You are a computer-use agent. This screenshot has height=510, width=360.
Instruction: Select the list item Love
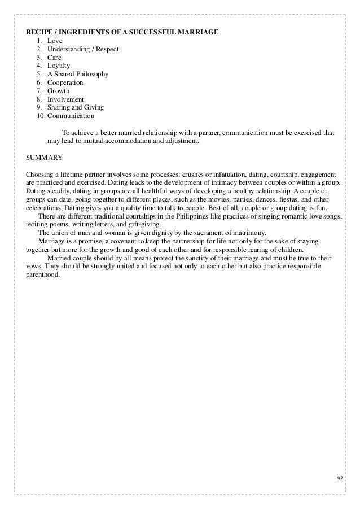coord(55,40)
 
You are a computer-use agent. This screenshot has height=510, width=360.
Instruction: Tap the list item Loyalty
coord(59,66)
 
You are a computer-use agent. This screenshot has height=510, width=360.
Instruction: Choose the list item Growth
coord(59,90)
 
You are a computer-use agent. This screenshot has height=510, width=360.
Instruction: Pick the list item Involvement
coord(65,99)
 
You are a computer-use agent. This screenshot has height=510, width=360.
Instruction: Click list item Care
coord(55,57)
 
